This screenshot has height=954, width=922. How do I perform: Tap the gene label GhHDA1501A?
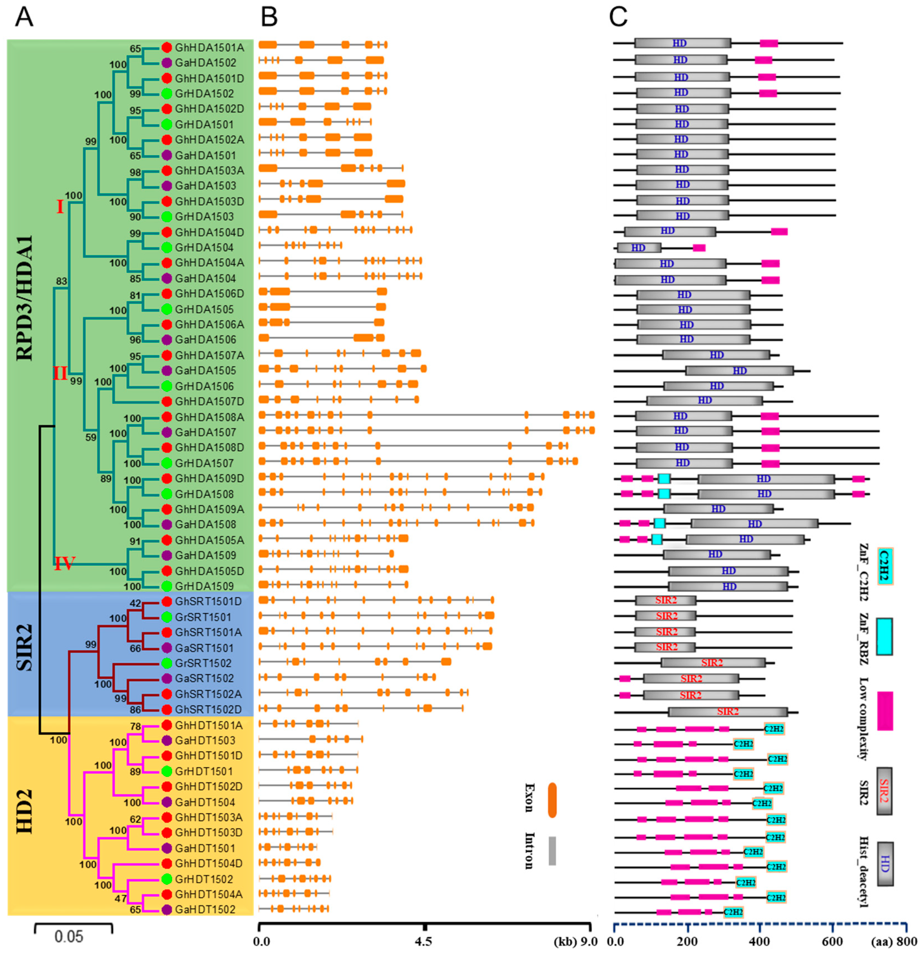pos(209,48)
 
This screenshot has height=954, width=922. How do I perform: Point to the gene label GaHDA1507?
pos(206,432)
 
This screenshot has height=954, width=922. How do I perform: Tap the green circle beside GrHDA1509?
pos(167,586)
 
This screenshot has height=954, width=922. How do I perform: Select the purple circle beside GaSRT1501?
pos(167,648)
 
